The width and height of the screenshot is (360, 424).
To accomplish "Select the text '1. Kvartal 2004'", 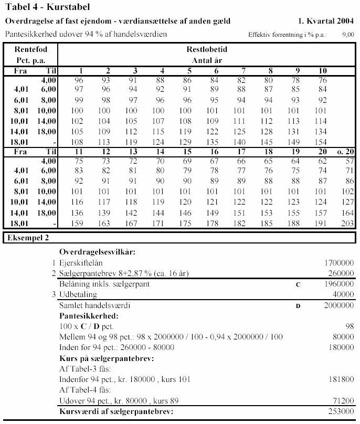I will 325,22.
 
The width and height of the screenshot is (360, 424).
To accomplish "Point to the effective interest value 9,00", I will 348,35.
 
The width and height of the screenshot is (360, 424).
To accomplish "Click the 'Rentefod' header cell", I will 30,49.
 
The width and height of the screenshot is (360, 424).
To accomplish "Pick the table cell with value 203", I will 347,224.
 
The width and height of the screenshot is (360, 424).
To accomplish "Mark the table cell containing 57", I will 349,161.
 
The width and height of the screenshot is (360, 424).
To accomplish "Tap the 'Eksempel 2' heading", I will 28,238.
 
